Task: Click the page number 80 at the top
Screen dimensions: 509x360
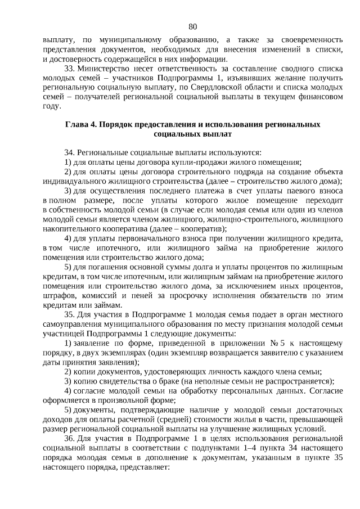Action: point(193,26)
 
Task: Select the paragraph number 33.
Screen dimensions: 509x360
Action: point(70,67)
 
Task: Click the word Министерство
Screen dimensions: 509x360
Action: point(103,67)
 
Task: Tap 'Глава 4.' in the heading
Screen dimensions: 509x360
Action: point(82,125)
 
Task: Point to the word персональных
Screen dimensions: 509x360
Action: point(231,391)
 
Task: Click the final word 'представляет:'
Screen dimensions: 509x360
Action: point(143,467)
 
